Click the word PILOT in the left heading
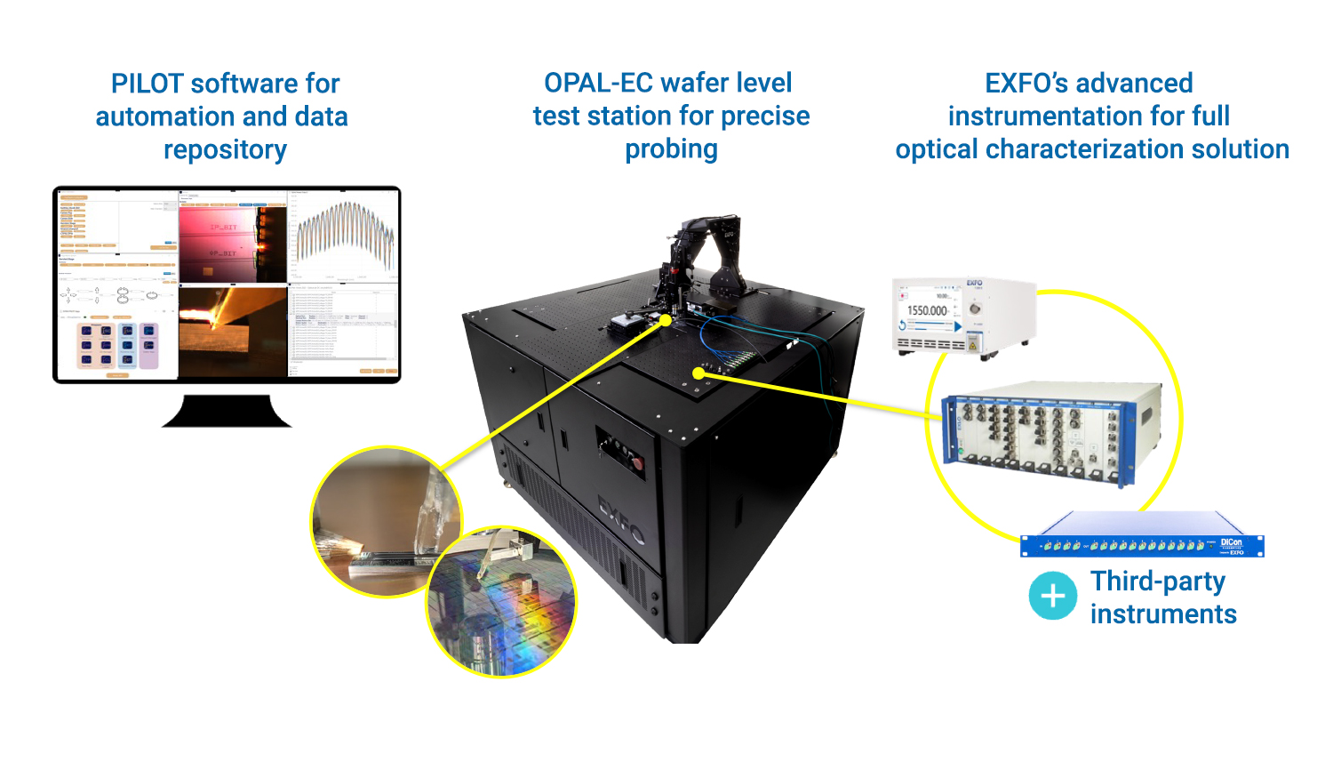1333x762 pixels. (x=147, y=84)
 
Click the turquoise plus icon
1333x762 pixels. (x=1053, y=596)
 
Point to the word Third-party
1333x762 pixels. (x=1158, y=582)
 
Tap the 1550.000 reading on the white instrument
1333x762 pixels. (x=927, y=310)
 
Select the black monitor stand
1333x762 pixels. (x=227, y=411)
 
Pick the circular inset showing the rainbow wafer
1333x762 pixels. (x=501, y=602)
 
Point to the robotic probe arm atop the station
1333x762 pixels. (x=706, y=258)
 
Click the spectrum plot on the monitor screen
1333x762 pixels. (x=345, y=236)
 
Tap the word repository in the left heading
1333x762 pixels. (x=225, y=149)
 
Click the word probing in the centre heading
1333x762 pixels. (x=671, y=149)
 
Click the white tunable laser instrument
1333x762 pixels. (x=964, y=316)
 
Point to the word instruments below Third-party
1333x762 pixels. (x=1163, y=614)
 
